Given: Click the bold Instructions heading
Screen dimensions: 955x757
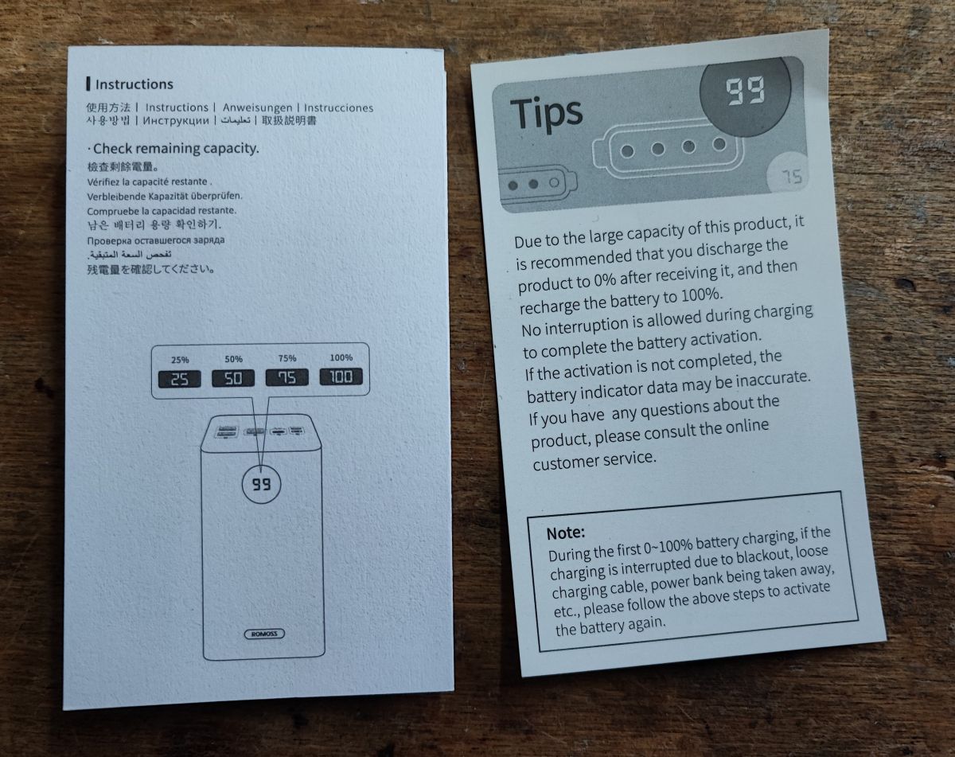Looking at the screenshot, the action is pyautogui.click(x=134, y=84).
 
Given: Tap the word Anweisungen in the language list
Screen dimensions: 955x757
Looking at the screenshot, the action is pyautogui.click(x=257, y=107).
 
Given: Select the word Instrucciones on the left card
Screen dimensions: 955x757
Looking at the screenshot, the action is pyautogui.click(x=338, y=108).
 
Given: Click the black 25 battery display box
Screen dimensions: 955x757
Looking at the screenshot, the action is pyautogui.click(x=180, y=379).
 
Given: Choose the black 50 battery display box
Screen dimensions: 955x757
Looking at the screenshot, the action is pyautogui.click(x=233, y=378).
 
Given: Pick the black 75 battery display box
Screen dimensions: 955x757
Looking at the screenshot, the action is pyautogui.click(x=286, y=377).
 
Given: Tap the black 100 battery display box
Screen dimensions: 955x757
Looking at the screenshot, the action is pyautogui.click(x=341, y=377).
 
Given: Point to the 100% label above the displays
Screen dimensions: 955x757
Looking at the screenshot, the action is pyautogui.click(x=341, y=357).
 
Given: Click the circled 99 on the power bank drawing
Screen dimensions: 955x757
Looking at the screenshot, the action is pyautogui.click(x=261, y=484).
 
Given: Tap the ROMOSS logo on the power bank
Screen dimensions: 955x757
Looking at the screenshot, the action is pyautogui.click(x=264, y=634).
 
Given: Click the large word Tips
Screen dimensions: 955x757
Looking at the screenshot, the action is pyautogui.click(x=546, y=113).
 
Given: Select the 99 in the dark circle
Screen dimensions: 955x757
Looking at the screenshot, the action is pyautogui.click(x=745, y=91).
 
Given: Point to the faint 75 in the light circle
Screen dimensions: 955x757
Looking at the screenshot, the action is pyautogui.click(x=792, y=177).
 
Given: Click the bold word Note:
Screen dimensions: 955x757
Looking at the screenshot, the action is pyautogui.click(x=566, y=533).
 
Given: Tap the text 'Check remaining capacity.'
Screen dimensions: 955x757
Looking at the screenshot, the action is pyautogui.click(x=176, y=148).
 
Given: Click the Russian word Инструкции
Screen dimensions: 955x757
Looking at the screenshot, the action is pyautogui.click(x=176, y=121).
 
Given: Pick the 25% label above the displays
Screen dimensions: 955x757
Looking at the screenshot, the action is pyautogui.click(x=180, y=360).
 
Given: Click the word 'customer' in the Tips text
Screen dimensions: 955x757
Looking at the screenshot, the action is pyautogui.click(x=569, y=462).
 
